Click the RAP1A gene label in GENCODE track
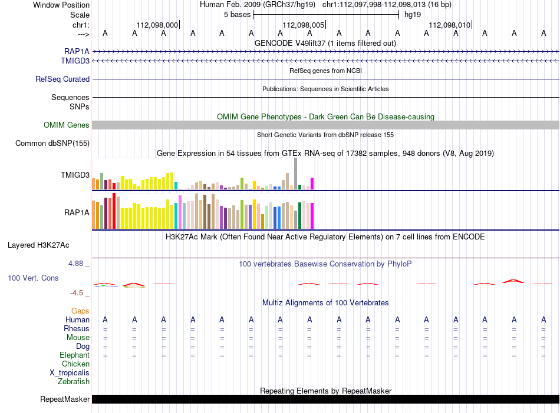(x=77, y=52)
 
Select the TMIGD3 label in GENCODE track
(x=75, y=61)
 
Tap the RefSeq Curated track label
(x=62, y=79)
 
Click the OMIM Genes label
(x=67, y=125)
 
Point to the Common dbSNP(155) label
(x=52, y=143)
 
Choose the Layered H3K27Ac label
(x=38, y=245)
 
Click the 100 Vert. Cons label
(x=33, y=278)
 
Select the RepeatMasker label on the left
(x=65, y=399)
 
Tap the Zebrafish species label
(x=74, y=382)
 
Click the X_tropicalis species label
(x=70, y=373)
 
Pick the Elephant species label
(x=75, y=355)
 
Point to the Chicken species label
(x=75, y=364)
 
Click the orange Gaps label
(x=80, y=311)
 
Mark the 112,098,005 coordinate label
(x=304, y=25)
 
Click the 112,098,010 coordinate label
(x=450, y=25)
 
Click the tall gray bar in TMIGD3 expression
(x=296, y=174)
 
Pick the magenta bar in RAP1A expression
(x=312, y=216)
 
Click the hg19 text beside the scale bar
(x=413, y=15)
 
